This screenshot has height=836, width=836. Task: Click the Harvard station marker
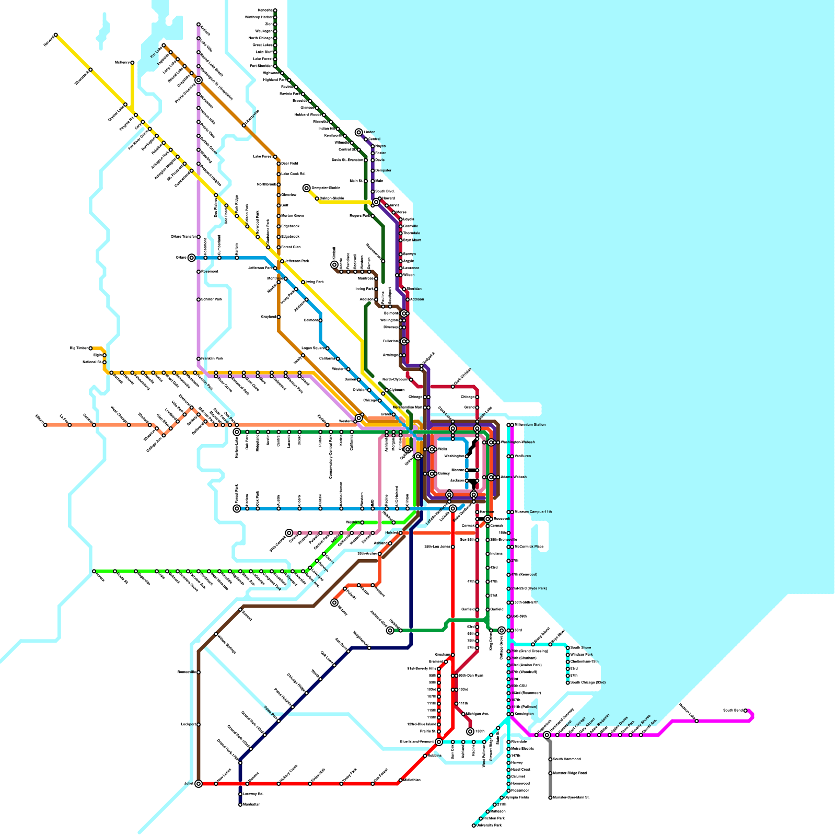[x=56, y=35]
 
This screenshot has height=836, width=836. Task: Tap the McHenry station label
[x=122, y=63]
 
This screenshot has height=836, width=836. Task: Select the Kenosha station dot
[x=275, y=10]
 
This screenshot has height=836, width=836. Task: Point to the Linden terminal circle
[x=359, y=132]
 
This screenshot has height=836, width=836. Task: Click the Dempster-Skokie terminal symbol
[x=307, y=188]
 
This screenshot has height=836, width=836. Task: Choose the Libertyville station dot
[x=244, y=125]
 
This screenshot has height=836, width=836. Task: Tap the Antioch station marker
[x=199, y=25]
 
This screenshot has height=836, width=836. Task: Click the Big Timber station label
[x=79, y=348]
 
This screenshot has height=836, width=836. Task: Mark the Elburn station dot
[x=45, y=425]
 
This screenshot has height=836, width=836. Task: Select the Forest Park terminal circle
[x=237, y=508]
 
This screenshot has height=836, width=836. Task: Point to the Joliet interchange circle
[x=199, y=784]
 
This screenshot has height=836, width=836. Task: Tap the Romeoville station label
[x=187, y=672]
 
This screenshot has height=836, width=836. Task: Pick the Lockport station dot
[x=199, y=724]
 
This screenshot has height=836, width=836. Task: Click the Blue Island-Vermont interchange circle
[x=439, y=742]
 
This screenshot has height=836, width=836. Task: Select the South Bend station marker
[x=746, y=711]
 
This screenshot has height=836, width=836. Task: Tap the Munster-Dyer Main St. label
[x=571, y=798]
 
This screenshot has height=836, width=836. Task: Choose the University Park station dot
[x=474, y=826]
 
